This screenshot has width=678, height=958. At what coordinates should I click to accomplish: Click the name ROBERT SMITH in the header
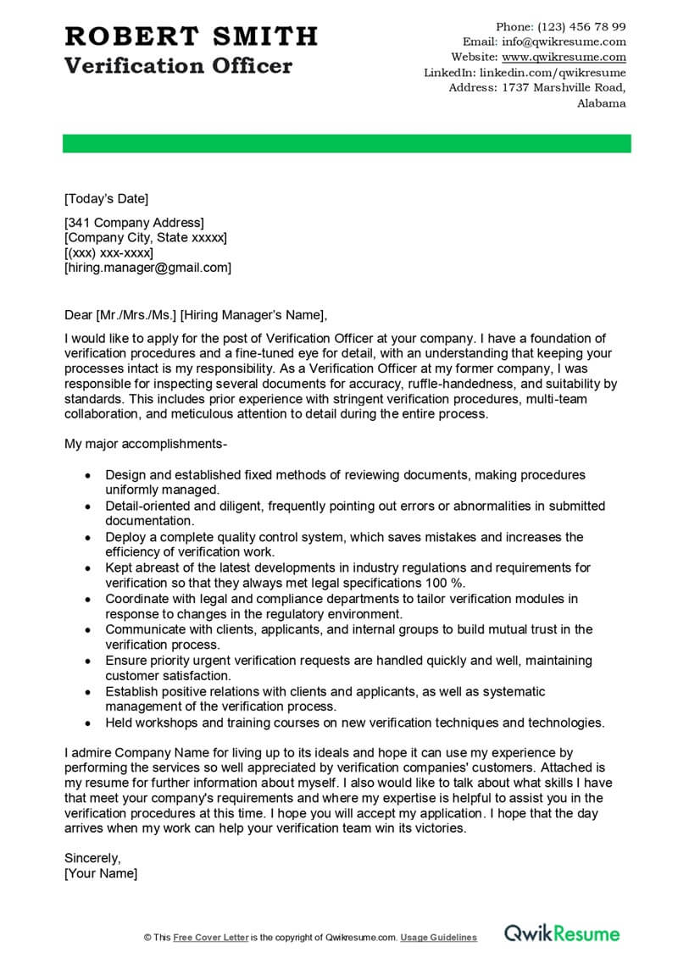pyautogui.click(x=191, y=36)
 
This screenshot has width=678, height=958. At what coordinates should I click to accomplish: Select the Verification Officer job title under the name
pyautogui.click(x=178, y=65)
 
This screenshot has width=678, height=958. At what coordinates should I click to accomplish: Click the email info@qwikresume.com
pyautogui.click(x=564, y=42)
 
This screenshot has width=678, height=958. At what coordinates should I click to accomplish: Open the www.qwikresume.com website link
pyautogui.click(x=564, y=57)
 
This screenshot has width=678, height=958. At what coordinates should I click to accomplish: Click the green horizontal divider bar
pyautogui.click(x=347, y=143)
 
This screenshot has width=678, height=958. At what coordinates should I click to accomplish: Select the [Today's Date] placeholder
pyautogui.click(x=106, y=199)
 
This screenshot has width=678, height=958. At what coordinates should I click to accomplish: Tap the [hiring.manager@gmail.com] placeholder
pyautogui.click(x=147, y=268)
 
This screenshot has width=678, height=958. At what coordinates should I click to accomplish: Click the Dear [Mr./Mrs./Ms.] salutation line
pyautogui.click(x=195, y=315)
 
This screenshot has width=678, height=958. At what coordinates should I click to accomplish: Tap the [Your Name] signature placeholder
pyautogui.click(x=101, y=873)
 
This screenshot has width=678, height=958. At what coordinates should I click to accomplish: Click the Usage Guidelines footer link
pyautogui.click(x=438, y=938)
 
